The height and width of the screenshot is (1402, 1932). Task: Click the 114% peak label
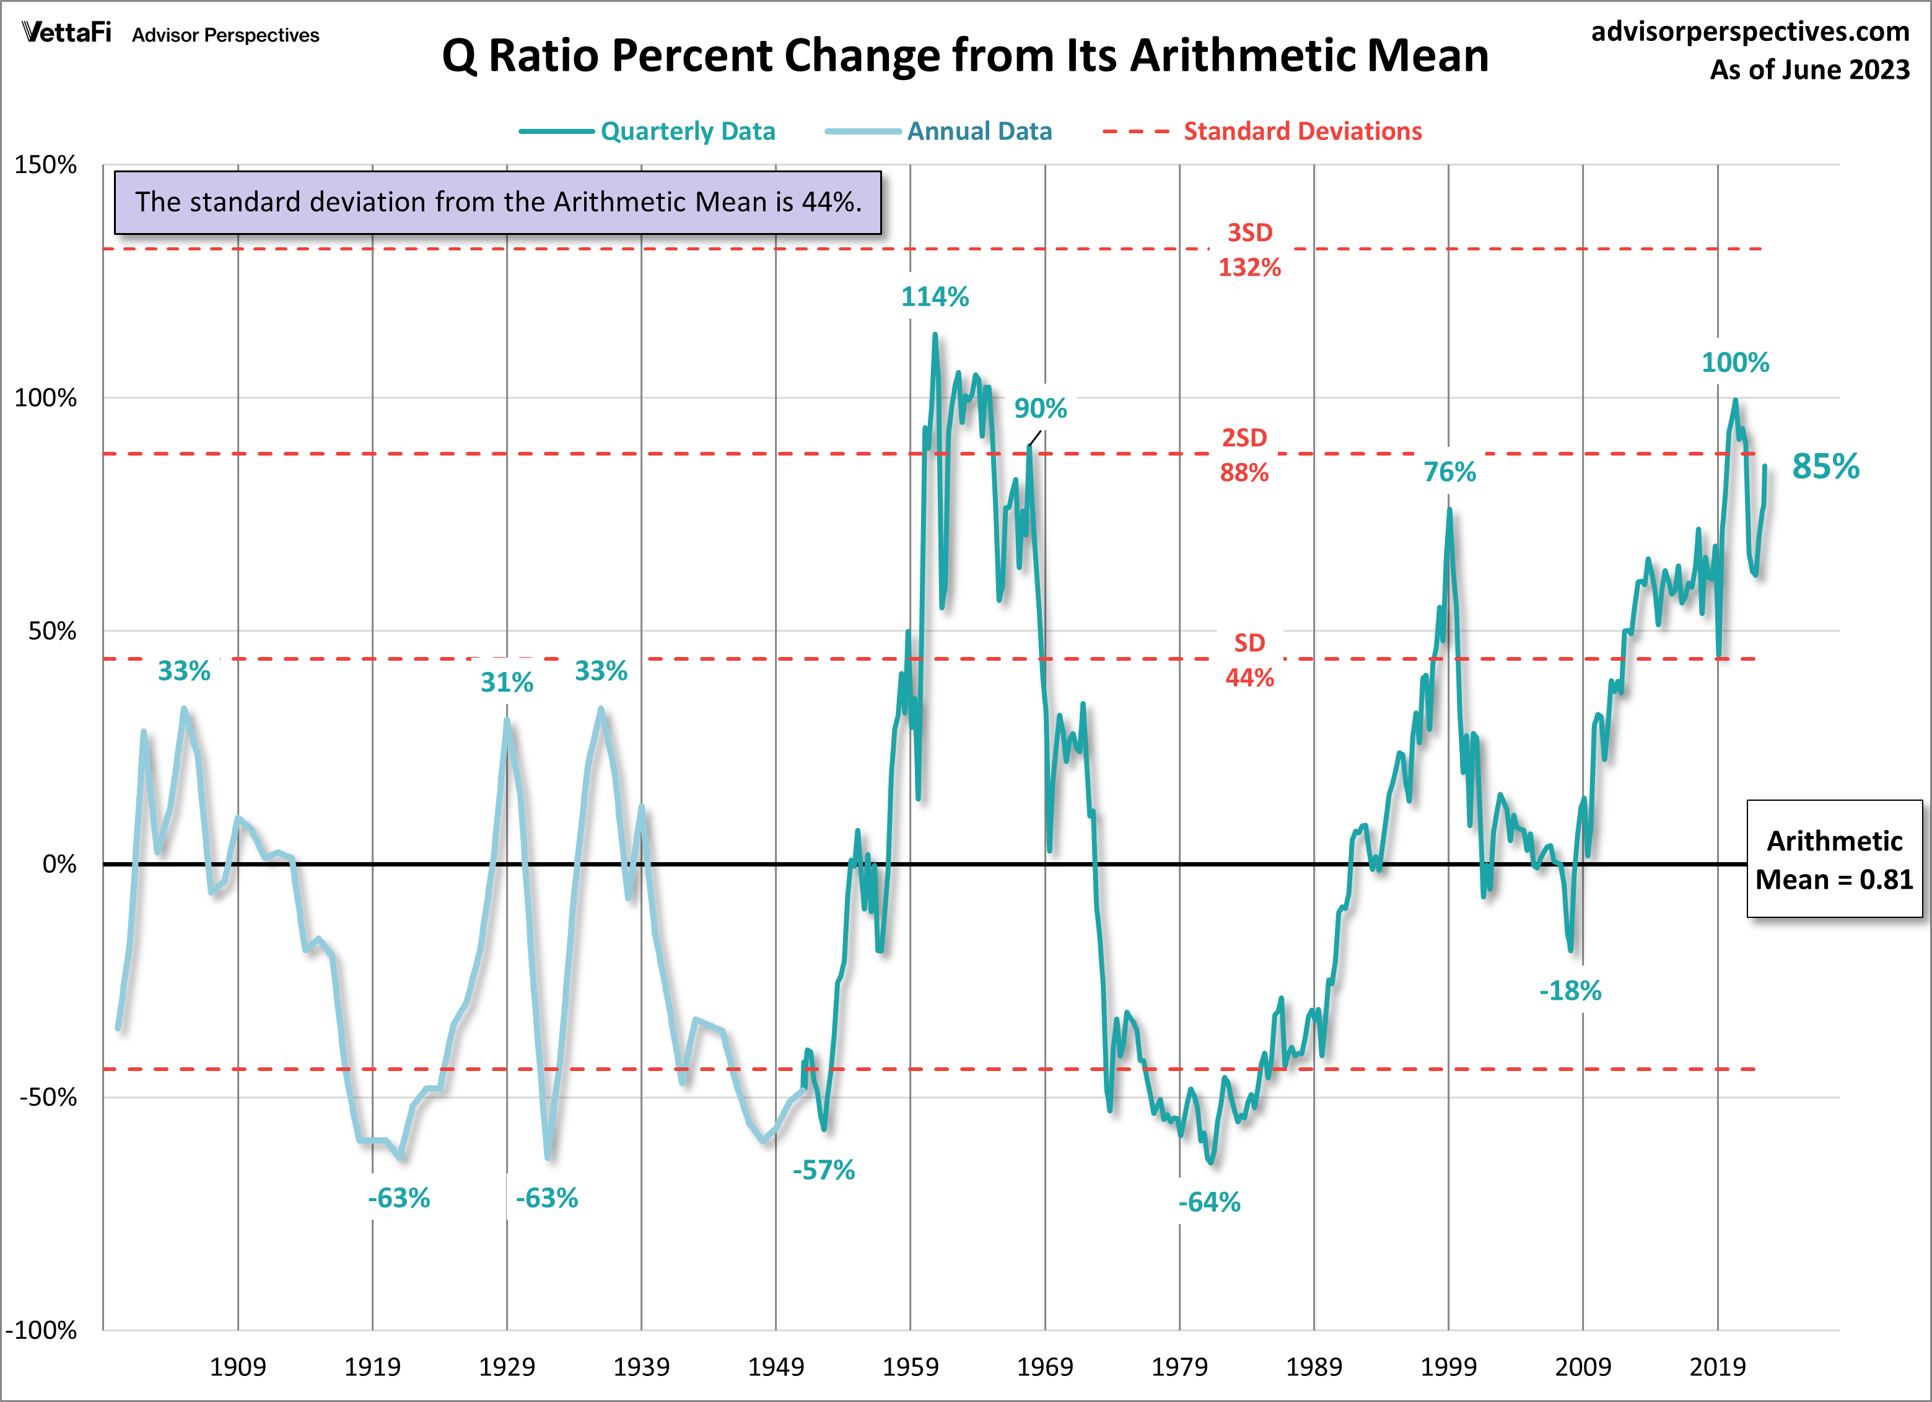tap(935, 297)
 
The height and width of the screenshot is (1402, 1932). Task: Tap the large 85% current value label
tap(1825, 466)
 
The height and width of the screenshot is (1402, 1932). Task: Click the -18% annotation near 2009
tap(1570, 990)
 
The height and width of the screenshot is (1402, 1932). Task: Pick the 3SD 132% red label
tap(1249, 250)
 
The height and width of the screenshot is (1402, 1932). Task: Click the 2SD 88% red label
tap(1244, 455)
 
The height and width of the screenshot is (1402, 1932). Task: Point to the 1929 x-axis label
tap(507, 1366)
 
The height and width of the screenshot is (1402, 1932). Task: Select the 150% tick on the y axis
tap(45, 164)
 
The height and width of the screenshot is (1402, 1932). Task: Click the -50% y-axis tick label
tap(48, 1097)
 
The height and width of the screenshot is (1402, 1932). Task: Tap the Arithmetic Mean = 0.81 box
tap(1834, 859)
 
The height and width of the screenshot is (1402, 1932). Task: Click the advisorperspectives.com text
tap(1750, 32)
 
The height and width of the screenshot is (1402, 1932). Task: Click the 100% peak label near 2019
tap(1734, 362)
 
